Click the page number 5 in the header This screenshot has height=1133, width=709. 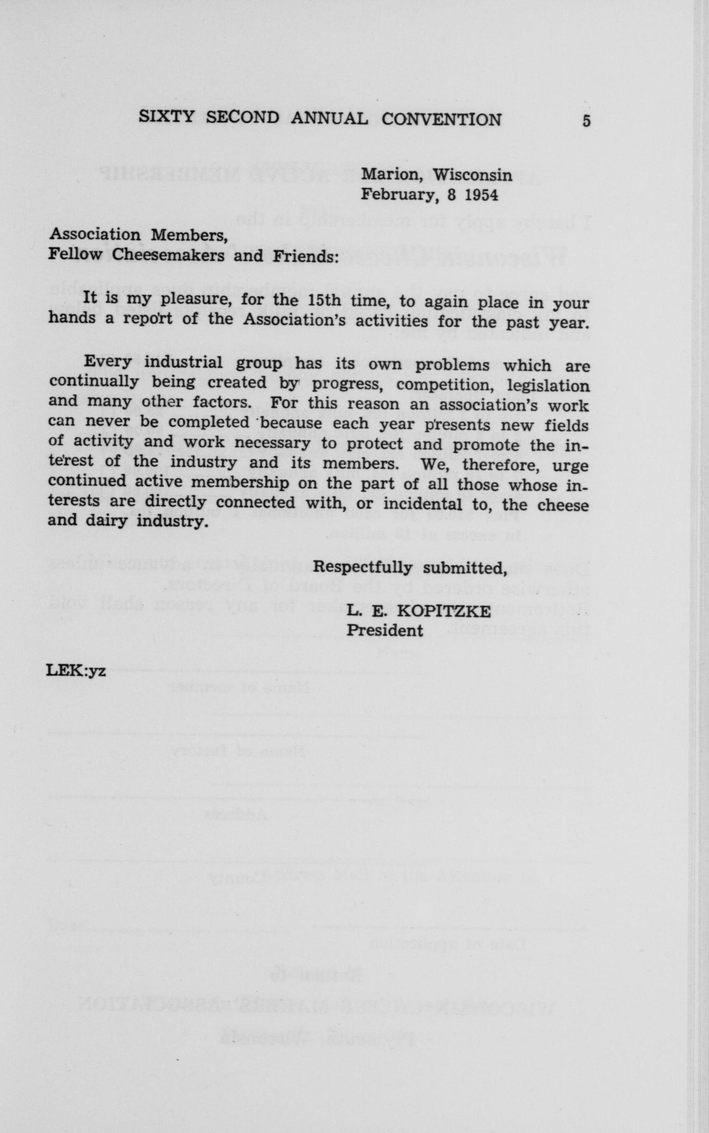click(x=586, y=121)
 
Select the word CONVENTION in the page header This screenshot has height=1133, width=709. click(x=441, y=120)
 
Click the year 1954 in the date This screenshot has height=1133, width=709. click(x=481, y=195)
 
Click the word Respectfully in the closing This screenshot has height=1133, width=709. click(x=362, y=568)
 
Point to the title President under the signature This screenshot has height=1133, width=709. click(x=384, y=630)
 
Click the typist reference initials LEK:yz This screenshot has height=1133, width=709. click(x=77, y=671)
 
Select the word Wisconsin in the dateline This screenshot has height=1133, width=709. click(x=472, y=175)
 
